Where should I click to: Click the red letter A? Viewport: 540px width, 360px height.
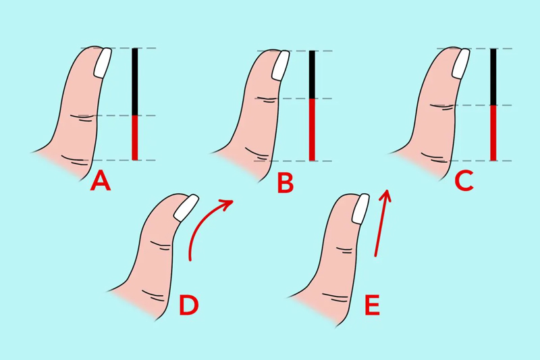tap(101, 182)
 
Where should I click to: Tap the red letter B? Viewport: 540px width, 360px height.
tap(286, 182)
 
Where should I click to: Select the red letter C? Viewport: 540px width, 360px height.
tap(464, 182)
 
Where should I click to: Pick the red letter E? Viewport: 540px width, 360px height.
tap(372, 305)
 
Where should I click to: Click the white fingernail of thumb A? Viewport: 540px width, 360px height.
tap(103, 63)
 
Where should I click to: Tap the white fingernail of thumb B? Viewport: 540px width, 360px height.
tap(281, 66)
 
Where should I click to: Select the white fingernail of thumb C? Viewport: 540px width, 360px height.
tap(461, 63)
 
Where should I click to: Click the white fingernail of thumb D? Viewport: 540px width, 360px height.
tap(186, 208)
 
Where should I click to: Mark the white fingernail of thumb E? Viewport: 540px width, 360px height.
tap(360, 209)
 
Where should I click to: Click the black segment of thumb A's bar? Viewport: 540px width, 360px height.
tap(134, 82)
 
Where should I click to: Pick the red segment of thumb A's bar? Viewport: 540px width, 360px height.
tap(134, 138)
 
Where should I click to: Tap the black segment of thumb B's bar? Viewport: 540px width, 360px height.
tap(312, 75)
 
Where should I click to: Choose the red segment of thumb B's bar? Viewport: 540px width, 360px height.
tap(312, 130)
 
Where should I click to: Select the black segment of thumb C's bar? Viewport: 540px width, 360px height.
tap(493, 77)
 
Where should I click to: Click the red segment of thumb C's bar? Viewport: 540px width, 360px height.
tap(493, 133)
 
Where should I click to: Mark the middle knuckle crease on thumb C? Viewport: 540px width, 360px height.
tap(441, 107)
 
